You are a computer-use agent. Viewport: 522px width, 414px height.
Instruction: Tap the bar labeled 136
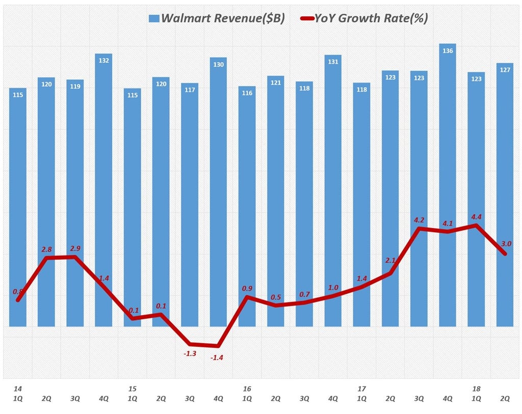pyautogui.click(x=448, y=183)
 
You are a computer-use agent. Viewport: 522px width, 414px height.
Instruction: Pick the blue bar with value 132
pyautogui.click(x=103, y=188)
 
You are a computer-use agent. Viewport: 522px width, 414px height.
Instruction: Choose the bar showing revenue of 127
pyautogui.click(x=505, y=194)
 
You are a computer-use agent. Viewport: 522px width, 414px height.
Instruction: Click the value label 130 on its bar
pyautogui.click(x=218, y=65)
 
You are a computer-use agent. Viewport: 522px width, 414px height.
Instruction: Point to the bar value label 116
pyautogui.click(x=247, y=94)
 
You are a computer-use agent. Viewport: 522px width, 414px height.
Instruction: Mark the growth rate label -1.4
pyautogui.click(x=218, y=357)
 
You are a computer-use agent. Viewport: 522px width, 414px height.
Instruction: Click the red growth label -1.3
pyautogui.click(x=189, y=353)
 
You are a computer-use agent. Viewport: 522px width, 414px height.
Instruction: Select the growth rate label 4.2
pyautogui.click(x=419, y=220)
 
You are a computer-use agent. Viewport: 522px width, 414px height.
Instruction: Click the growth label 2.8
pyautogui.click(x=46, y=249)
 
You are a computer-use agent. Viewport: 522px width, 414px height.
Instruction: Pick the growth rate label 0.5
pyautogui.click(x=276, y=297)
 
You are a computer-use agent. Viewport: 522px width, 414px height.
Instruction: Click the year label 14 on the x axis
pyautogui.click(x=18, y=389)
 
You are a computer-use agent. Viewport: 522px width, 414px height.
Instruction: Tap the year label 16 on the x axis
pyautogui.click(x=247, y=389)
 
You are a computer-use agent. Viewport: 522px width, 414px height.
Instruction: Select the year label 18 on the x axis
pyautogui.click(x=476, y=389)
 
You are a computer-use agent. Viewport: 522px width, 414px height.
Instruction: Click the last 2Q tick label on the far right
pyautogui.click(x=505, y=399)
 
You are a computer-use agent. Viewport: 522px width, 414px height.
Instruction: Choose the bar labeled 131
pyautogui.click(x=333, y=190)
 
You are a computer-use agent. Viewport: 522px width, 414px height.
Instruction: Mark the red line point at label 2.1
pyautogui.click(x=390, y=273)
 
